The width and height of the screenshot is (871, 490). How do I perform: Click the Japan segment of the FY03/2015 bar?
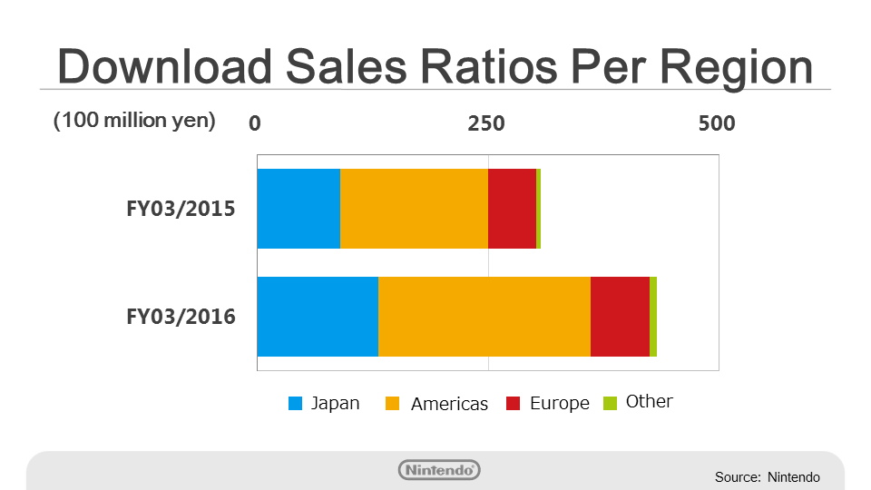[298, 209]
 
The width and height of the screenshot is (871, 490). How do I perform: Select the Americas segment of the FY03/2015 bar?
[414, 209]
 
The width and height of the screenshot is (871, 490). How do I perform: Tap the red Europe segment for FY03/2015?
[512, 209]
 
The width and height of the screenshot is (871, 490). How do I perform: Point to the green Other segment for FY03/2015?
[538, 209]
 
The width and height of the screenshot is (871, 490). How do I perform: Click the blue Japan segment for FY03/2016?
[318, 317]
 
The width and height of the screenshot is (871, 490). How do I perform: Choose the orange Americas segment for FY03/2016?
[484, 317]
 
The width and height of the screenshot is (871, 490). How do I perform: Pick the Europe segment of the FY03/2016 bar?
[620, 317]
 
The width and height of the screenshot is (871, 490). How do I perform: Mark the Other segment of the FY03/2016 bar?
[653, 317]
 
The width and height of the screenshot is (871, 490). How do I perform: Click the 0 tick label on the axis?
[255, 123]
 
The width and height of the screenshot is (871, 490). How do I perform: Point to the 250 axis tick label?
[485, 123]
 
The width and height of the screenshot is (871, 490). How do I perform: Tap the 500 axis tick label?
[716, 123]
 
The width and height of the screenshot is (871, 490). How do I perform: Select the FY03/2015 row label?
[181, 210]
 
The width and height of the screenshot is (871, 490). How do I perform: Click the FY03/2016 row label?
[181, 318]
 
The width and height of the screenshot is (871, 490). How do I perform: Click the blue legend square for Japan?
[296, 404]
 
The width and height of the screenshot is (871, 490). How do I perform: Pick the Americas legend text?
[449, 405]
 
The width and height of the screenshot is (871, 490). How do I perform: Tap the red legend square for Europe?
[514, 404]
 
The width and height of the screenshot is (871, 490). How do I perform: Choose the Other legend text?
[650, 401]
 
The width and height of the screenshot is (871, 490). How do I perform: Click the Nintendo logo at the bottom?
[439, 470]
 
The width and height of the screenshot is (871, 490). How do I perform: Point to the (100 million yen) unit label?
[134, 122]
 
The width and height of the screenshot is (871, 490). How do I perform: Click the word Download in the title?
[164, 68]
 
